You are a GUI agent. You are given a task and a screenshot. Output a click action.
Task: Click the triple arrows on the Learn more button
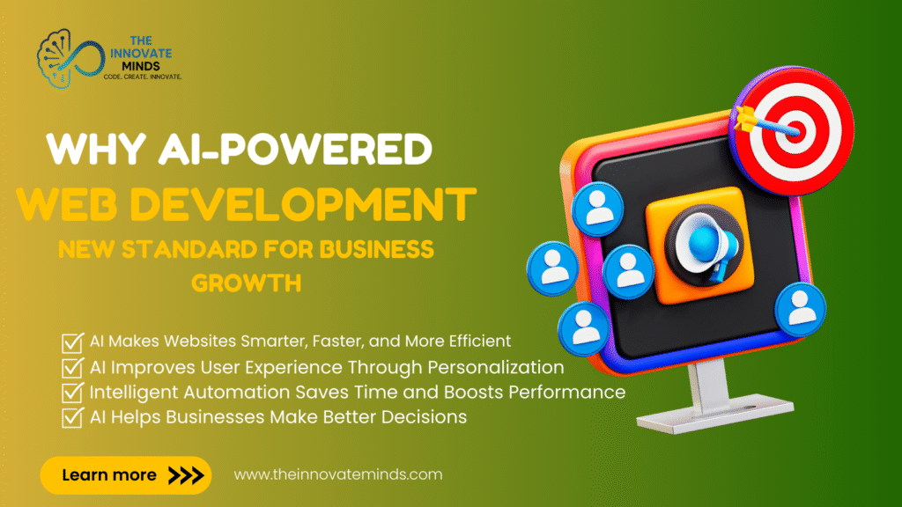coord(185,475)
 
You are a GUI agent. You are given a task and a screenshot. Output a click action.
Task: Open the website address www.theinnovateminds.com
coord(337,474)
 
